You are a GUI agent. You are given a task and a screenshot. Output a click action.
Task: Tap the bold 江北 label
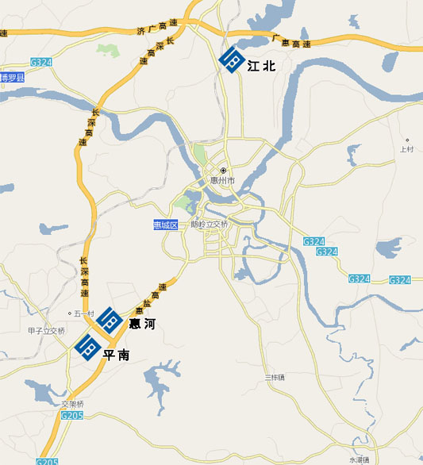[x=262, y=66]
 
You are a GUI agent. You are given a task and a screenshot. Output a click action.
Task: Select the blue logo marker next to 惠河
[x=110, y=319]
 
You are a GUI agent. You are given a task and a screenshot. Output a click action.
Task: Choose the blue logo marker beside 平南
[x=85, y=347]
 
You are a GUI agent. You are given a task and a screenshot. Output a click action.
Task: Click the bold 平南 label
[x=116, y=355]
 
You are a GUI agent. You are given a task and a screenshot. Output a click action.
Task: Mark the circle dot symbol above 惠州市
[x=224, y=171]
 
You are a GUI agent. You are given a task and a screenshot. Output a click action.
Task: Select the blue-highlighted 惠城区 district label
[x=166, y=225]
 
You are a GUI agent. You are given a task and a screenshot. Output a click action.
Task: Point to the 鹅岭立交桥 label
[x=210, y=225]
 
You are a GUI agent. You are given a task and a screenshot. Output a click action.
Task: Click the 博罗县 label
[x=13, y=78]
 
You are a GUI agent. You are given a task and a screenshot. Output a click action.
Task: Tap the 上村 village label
[x=407, y=149]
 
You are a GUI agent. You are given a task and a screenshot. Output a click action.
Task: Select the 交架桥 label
[x=72, y=404]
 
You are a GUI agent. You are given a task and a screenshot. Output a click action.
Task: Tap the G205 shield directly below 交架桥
[x=72, y=415]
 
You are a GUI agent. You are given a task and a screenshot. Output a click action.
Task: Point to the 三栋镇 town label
[x=275, y=376]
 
